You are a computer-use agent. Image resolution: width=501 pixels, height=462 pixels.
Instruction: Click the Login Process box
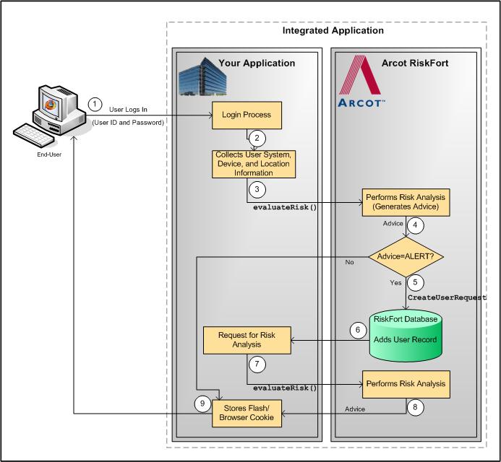tap(246, 114)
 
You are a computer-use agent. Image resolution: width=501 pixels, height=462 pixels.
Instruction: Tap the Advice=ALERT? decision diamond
tap(406, 256)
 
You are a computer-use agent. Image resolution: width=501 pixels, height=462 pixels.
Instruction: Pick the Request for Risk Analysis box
tap(246, 340)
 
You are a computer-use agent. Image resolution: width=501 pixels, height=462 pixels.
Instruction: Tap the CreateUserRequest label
tap(447, 297)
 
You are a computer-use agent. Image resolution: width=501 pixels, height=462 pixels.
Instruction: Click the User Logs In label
tap(129, 109)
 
